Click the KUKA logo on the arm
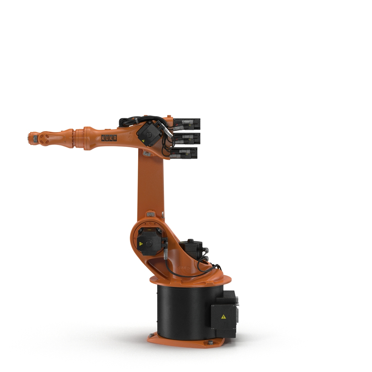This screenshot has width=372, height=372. [x=109, y=138]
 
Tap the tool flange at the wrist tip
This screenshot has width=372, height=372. [x=30, y=139]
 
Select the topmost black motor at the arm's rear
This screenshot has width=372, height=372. [x=186, y=124]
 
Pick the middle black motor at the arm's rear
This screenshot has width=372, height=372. [x=186, y=138]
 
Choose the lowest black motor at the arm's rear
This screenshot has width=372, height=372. [x=184, y=153]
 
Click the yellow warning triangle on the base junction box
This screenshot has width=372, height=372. [x=224, y=317]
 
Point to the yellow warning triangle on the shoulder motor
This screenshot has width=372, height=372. [x=141, y=244]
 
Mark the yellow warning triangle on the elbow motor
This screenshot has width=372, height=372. [x=143, y=141]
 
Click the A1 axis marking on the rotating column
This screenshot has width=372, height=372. [x=184, y=268]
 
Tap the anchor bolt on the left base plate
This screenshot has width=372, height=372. [x=151, y=335]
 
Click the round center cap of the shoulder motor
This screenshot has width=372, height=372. [x=149, y=244]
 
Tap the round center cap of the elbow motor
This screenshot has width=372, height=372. [x=149, y=135]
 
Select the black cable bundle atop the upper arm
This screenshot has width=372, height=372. [x=138, y=120]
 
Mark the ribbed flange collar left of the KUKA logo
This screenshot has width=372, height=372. [x=80, y=138]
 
